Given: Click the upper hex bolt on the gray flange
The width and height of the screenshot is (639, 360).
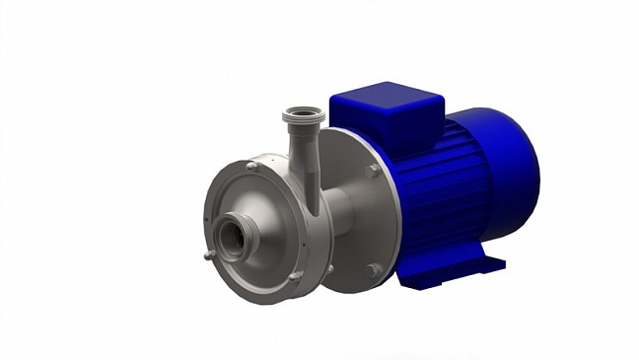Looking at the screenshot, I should pyautogui.click(x=373, y=171).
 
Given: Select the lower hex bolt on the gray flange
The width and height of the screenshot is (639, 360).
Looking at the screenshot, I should pyautogui.click(x=371, y=269).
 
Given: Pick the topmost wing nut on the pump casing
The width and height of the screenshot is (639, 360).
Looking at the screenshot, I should pyautogui.click(x=252, y=167).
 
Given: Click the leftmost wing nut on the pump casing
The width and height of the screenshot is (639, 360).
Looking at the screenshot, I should pyautogui.click(x=207, y=255).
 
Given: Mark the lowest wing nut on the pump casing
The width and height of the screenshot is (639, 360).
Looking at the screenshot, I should pyautogui.click(x=293, y=277).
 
